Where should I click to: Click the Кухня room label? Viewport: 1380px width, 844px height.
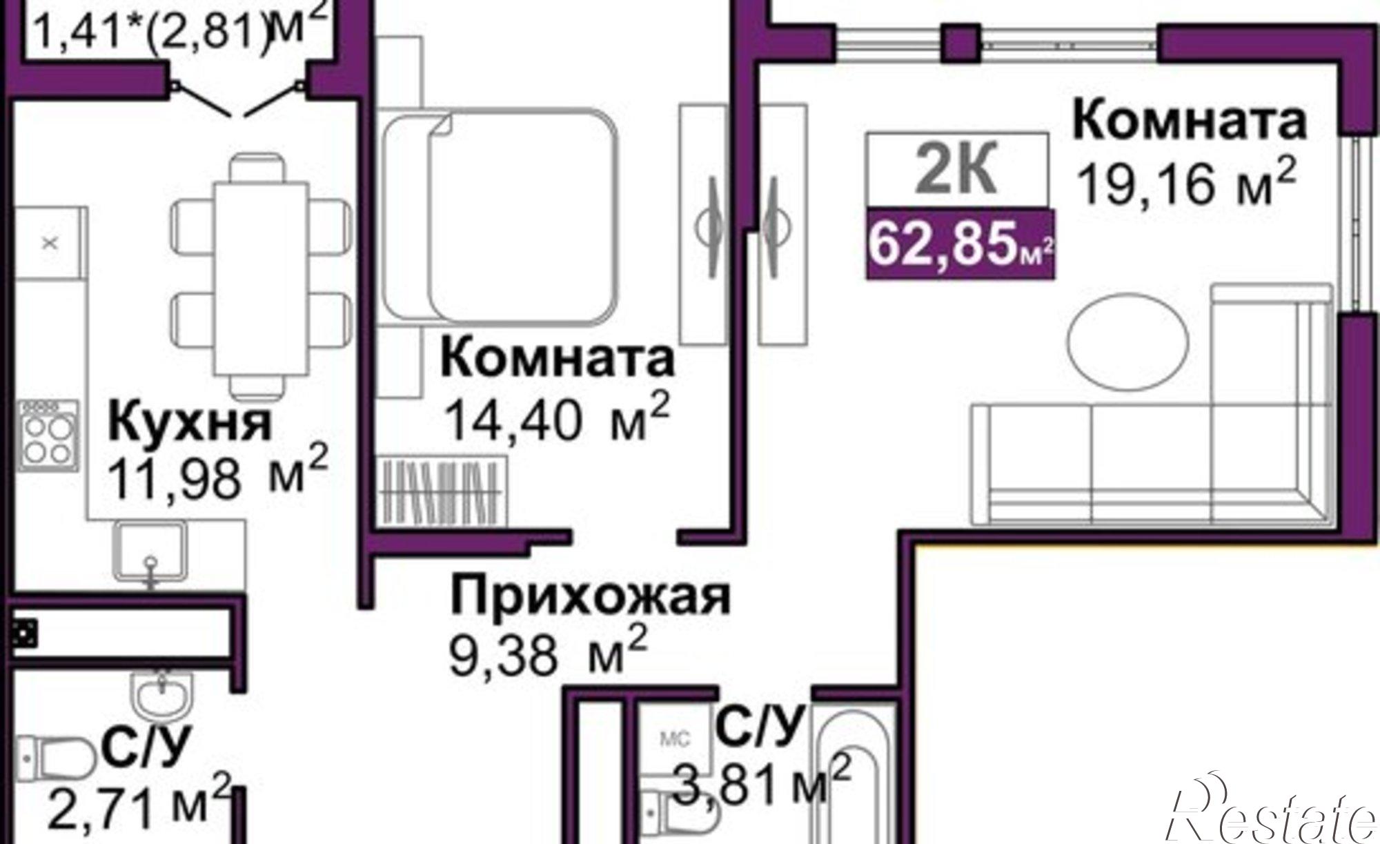coord(190,422)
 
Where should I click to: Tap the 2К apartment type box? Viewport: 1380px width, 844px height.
coord(957,170)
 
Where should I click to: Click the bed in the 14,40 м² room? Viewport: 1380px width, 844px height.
coord(498,215)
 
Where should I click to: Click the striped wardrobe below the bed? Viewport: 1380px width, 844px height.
coord(442,491)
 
